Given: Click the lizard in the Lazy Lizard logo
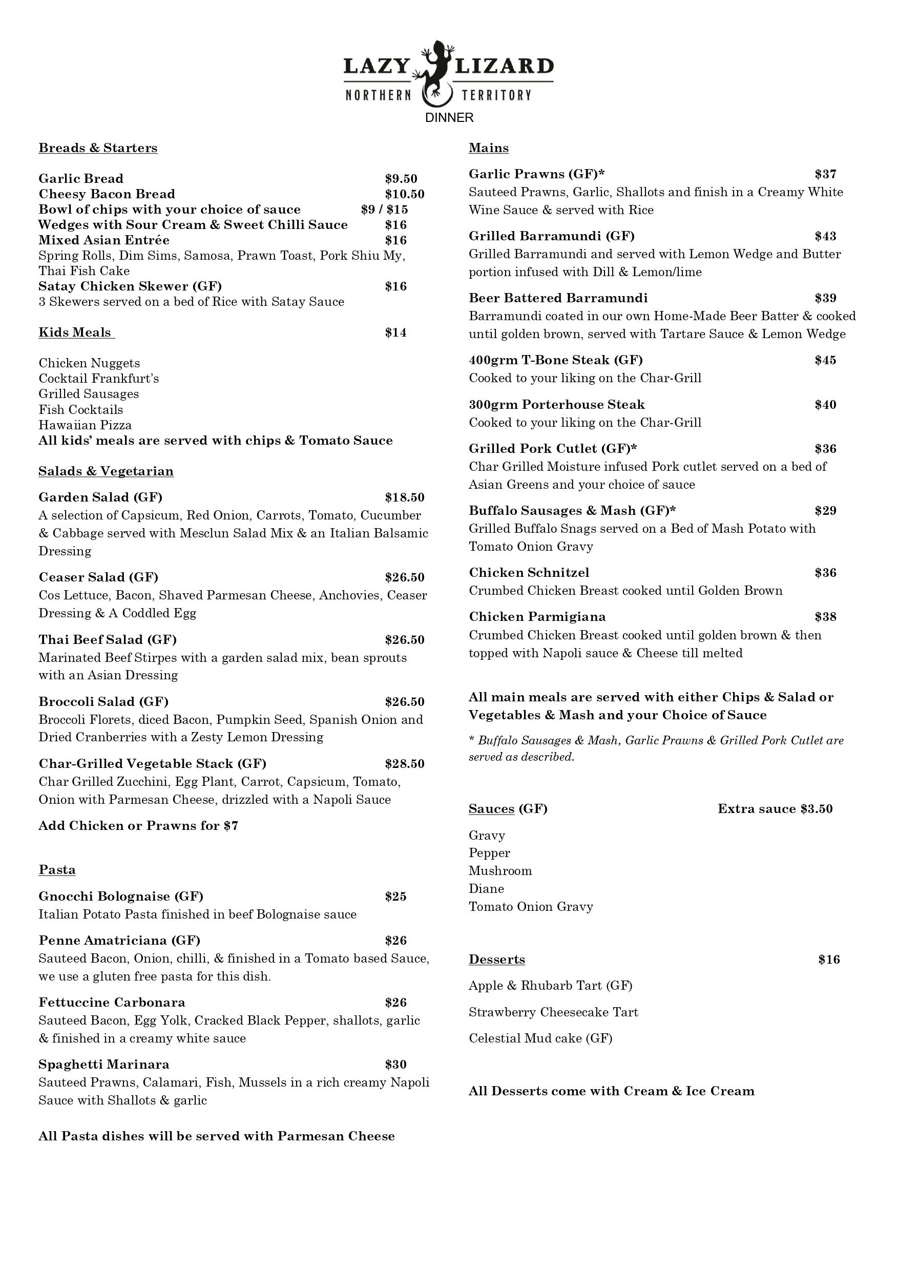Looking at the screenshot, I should [435, 72].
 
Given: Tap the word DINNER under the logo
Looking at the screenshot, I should [449, 118].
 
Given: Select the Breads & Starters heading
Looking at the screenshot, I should [98, 148].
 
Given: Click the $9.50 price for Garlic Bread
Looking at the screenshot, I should [401, 179].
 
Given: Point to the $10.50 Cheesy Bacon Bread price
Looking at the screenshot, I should [404, 194].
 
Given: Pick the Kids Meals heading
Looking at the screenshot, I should [75, 332].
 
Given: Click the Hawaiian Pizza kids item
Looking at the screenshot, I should [85, 425].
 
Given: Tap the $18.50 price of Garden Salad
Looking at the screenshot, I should [404, 497].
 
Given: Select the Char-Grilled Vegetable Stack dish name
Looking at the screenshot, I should [152, 763].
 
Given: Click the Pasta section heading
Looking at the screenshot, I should [57, 870].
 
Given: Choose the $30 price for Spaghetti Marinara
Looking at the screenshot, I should [396, 1064].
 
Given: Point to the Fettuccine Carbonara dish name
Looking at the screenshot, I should [112, 1002].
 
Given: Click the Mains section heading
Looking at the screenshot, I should [488, 148].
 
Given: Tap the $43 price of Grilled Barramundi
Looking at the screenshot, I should [825, 236].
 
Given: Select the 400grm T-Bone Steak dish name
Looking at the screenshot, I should [555, 360].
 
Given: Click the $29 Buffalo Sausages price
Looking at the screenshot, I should [825, 510].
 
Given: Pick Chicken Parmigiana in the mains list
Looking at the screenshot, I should [537, 617].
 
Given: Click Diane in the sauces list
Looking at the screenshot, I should [486, 888].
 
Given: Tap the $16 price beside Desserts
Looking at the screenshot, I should [829, 960].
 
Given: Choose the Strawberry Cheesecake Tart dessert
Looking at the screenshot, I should [553, 1012].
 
